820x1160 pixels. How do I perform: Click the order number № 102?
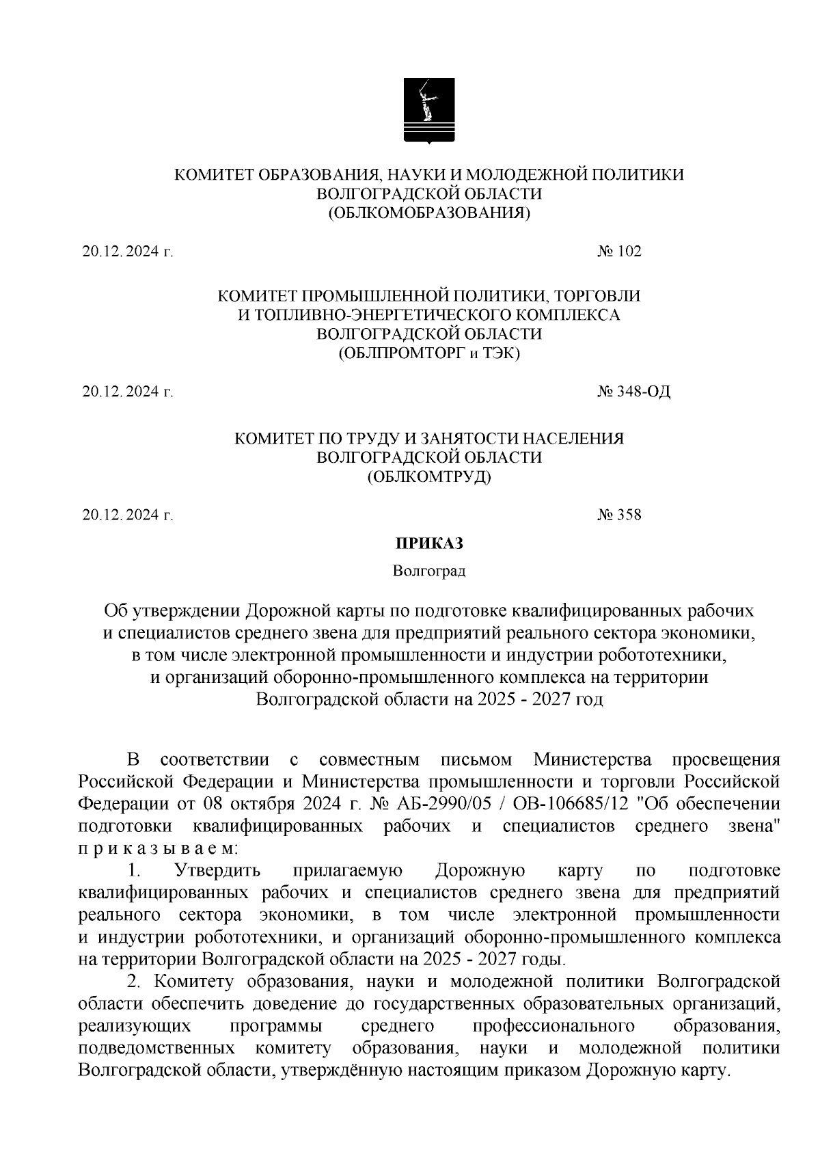pos(619,252)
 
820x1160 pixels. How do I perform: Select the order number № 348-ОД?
pos(633,392)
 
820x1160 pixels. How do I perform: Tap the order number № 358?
pos(619,515)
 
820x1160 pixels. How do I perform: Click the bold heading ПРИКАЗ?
pos(429,544)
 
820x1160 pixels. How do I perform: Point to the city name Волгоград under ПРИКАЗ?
pos(429,571)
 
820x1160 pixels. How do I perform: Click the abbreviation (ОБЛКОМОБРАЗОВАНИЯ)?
pos(429,213)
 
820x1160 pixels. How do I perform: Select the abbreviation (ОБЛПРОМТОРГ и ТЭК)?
pos(429,354)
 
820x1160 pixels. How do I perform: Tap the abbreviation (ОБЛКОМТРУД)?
pos(429,476)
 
